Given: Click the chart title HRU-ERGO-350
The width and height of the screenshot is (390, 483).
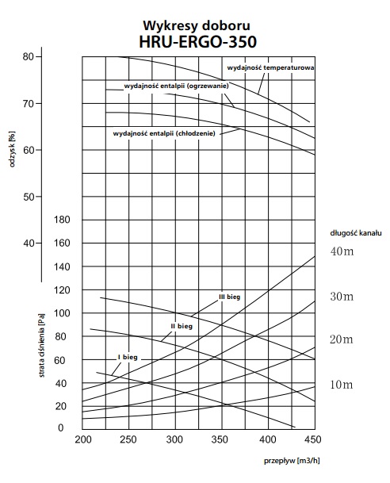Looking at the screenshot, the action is [197, 41].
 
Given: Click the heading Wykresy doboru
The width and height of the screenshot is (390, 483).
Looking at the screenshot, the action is [197, 25].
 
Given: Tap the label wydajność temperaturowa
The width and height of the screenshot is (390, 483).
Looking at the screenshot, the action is [270, 67].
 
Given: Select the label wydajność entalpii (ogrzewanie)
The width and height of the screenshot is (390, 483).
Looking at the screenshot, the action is [177, 86].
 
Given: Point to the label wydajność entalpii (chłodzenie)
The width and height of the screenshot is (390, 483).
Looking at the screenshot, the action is [164, 134].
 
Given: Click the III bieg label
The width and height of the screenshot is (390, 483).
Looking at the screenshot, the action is [230, 297].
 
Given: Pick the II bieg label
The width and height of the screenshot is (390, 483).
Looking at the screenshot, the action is [182, 326].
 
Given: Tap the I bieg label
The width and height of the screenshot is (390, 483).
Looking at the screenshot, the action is [128, 358].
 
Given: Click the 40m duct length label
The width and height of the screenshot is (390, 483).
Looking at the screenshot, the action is [342, 251].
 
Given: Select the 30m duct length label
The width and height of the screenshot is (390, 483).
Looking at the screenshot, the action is [342, 297].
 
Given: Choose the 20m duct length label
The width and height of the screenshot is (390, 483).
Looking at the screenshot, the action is [342, 339].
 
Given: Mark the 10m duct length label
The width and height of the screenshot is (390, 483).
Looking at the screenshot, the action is [342, 385].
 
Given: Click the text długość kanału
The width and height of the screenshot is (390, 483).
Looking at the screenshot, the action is [356, 233].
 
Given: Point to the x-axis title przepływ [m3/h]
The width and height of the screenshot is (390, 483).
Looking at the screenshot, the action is [292, 461].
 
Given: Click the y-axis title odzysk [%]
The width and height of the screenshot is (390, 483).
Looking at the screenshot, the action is [12, 149].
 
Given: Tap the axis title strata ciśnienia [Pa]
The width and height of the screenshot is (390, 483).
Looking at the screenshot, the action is [42, 345].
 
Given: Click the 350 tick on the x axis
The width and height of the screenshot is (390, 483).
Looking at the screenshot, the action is [220, 439].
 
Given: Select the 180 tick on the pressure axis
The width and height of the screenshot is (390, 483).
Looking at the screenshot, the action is [62, 220].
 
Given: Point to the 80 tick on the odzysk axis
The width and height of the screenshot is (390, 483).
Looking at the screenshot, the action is [28, 56].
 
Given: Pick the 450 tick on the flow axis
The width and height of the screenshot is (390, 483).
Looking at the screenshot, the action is [313, 439].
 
